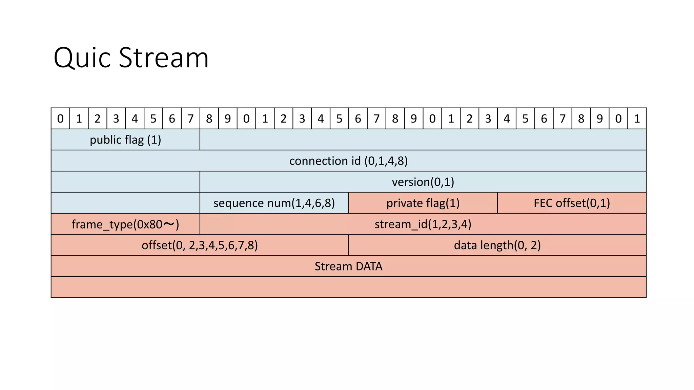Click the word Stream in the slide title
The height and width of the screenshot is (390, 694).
click(164, 58)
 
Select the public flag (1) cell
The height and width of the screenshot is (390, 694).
click(125, 139)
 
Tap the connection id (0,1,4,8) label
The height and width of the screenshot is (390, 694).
click(348, 161)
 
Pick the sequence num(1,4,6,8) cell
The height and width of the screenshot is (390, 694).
click(274, 203)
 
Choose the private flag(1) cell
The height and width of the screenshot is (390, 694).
click(423, 203)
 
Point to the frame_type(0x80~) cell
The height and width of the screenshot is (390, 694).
click(125, 224)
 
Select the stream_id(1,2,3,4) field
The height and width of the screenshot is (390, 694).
click(423, 224)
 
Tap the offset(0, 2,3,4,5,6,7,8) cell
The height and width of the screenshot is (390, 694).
click(200, 245)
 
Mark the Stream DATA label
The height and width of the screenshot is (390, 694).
click(348, 266)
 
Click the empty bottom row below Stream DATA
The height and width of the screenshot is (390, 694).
click(348, 287)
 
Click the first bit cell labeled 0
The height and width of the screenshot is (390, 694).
click(60, 118)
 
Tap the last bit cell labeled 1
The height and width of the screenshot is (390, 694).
click(637, 118)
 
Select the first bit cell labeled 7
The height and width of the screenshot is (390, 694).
click(190, 118)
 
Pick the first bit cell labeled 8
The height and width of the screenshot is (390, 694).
click(209, 118)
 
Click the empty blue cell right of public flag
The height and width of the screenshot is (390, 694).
click(423, 139)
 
